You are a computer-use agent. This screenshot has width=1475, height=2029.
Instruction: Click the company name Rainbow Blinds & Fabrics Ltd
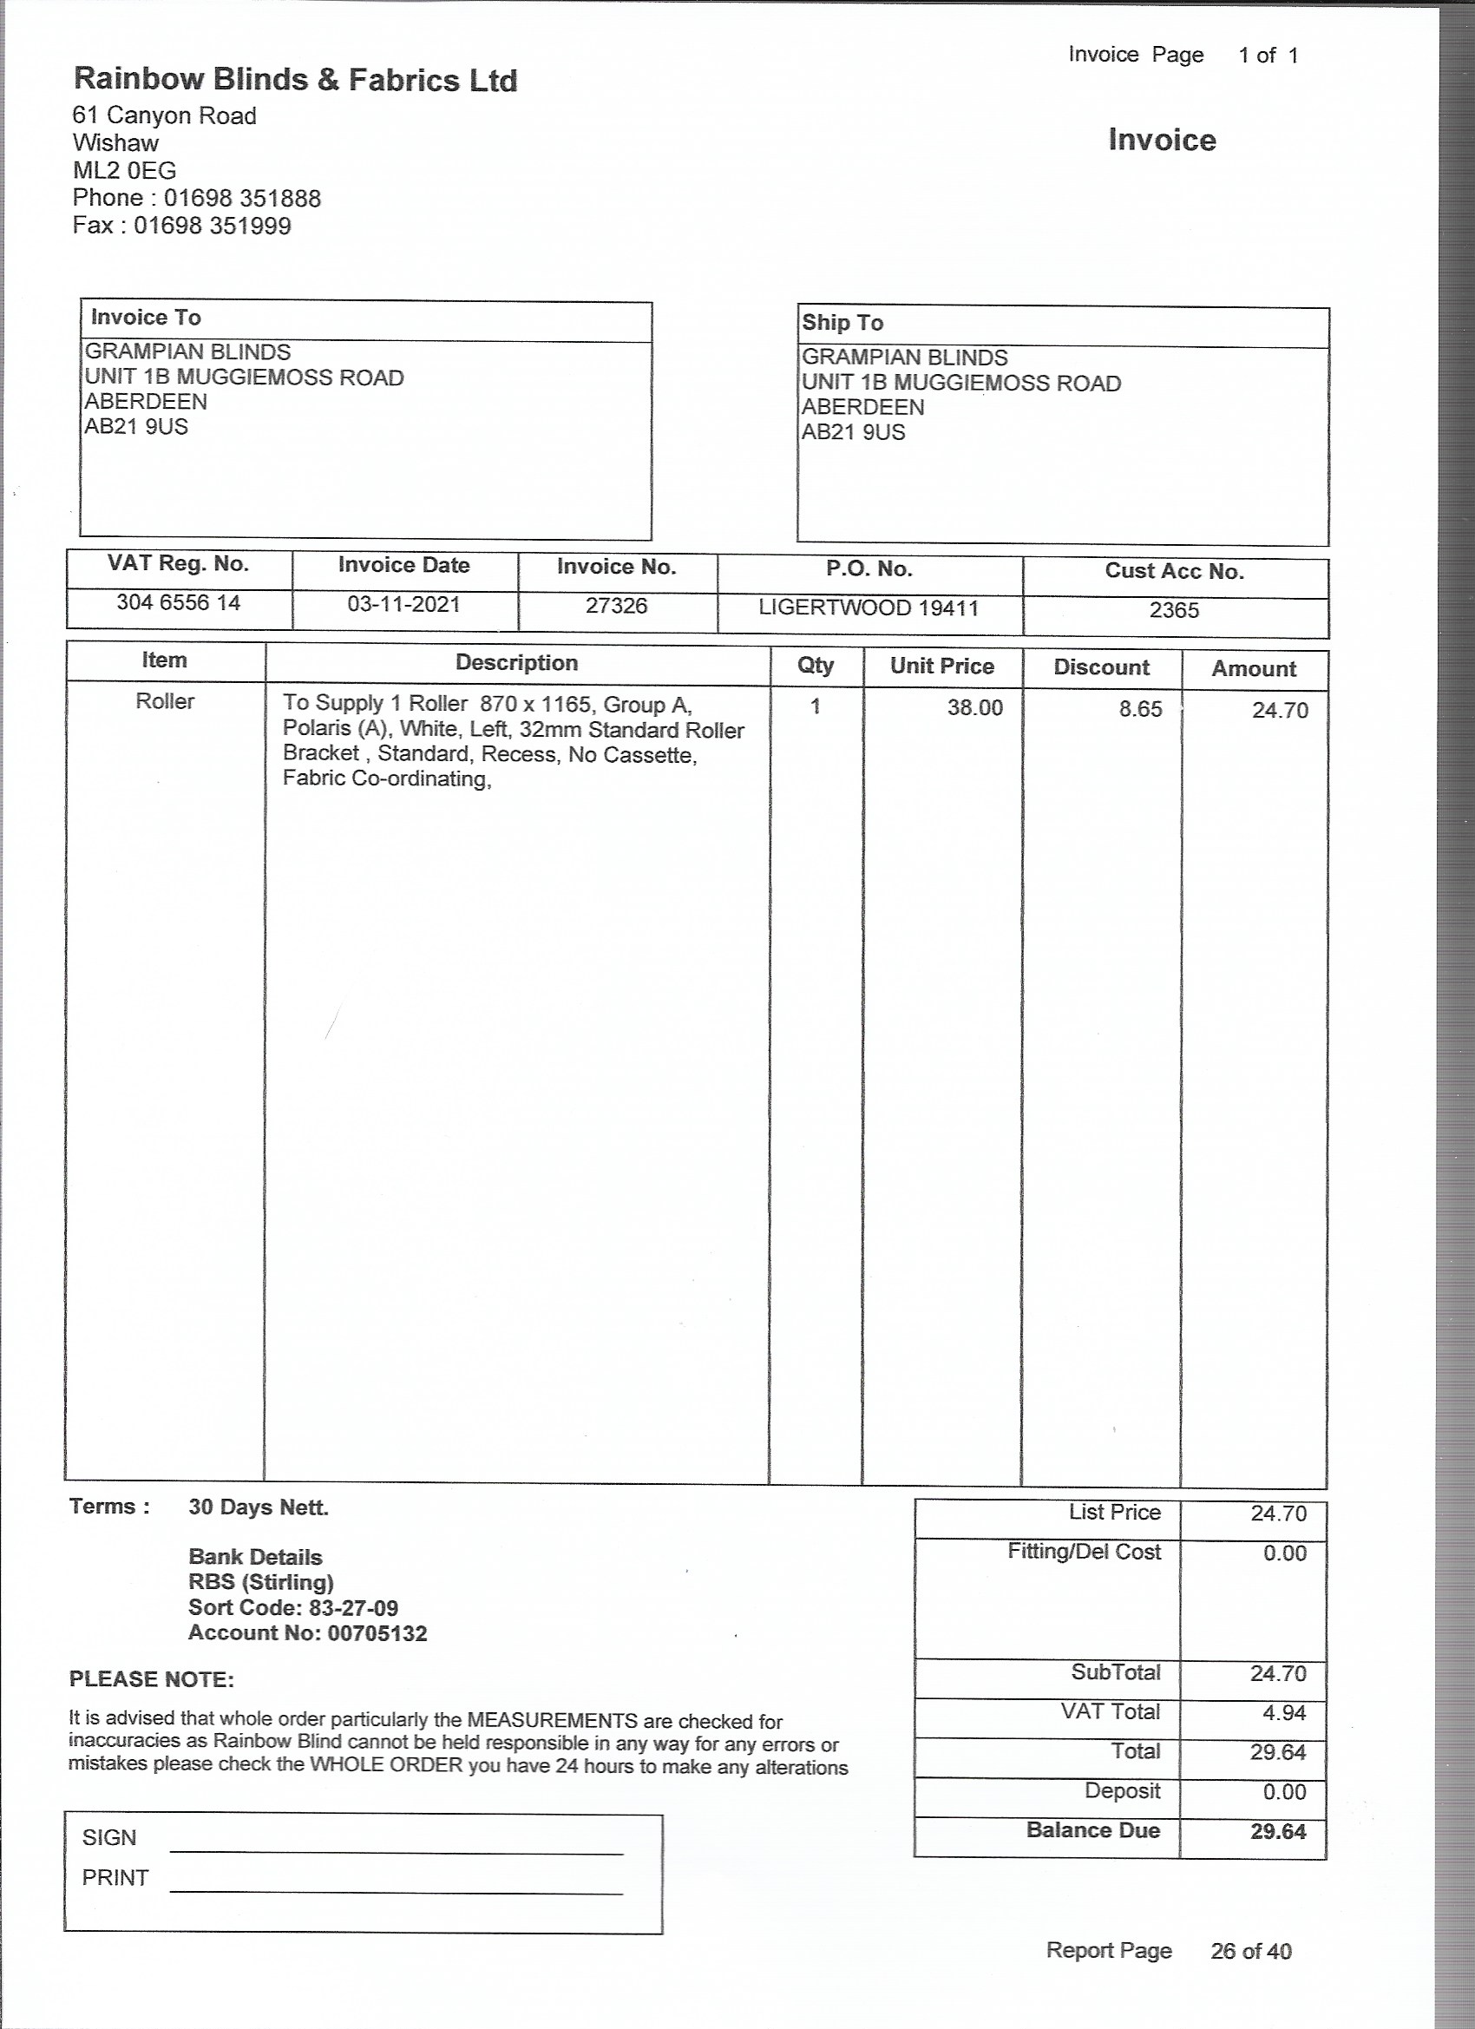(x=295, y=81)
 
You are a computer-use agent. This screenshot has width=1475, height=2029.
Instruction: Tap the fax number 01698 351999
(x=212, y=226)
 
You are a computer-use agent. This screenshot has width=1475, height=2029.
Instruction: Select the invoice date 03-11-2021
(x=403, y=604)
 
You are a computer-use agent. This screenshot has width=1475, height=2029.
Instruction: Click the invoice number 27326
(x=616, y=606)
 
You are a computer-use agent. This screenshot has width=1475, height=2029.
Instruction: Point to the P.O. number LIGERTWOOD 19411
(x=869, y=608)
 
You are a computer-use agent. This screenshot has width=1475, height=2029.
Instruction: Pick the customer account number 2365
(x=1174, y=610)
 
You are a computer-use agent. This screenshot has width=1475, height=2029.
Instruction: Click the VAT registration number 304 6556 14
(x=178, y=602)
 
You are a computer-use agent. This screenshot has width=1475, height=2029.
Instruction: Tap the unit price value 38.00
(x=975, y=707)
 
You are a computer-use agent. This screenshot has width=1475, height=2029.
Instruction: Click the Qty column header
(x=815, y=665)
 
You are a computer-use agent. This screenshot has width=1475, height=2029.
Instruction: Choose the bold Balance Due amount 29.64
(x=1277, y=1831)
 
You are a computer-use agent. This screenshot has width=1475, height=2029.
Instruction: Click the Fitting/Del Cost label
(x=1084, y=1552)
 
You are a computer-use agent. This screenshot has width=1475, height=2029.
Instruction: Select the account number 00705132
(x=377, y=1633)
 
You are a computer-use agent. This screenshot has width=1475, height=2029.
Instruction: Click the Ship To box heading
(x=842, y=323)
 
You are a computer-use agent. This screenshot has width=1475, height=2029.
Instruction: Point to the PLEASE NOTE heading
(x=151, y=1679)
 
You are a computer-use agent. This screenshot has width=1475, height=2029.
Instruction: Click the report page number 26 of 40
(x=1250, y=1951)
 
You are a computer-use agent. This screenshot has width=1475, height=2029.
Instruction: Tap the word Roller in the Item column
(x=165, y=701)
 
